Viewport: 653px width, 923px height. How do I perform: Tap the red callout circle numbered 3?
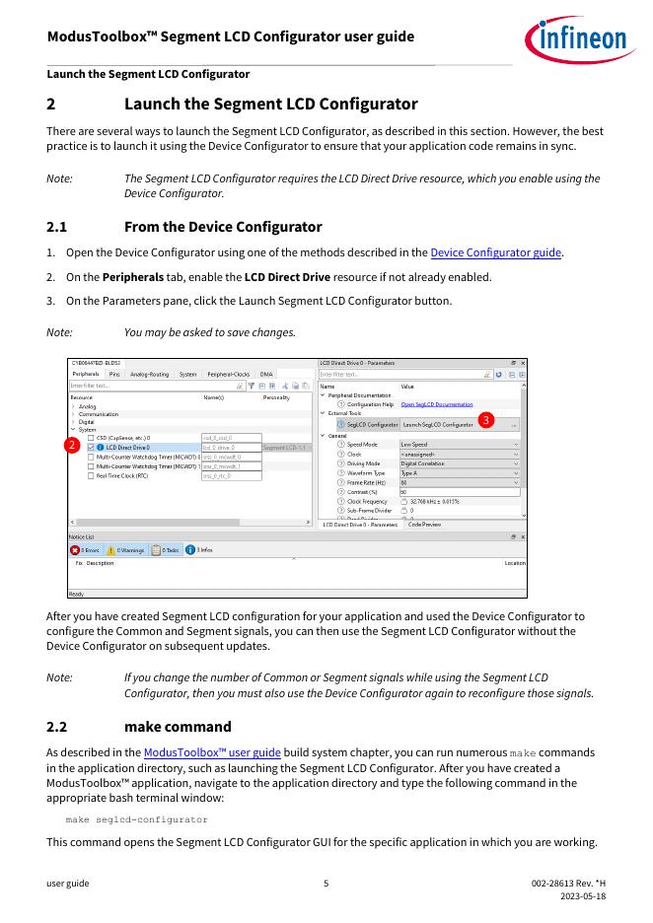pos(485,420)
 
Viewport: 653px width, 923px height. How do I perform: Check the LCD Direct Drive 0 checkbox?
pos(91,448)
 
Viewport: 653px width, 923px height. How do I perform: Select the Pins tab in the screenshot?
pos(114,375)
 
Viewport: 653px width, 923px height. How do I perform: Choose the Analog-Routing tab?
pos(149,375)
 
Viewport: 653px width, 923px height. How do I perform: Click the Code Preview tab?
pos(424,525)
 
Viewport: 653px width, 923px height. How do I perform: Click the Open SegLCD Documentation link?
pos(437,404)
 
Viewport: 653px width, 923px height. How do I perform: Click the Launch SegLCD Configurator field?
pos(440,424)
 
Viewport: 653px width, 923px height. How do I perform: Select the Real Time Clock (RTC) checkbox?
pos(91,475)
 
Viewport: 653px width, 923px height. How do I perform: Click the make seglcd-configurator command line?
pos(136,819)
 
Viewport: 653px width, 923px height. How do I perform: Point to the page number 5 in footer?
pos(326,883)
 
